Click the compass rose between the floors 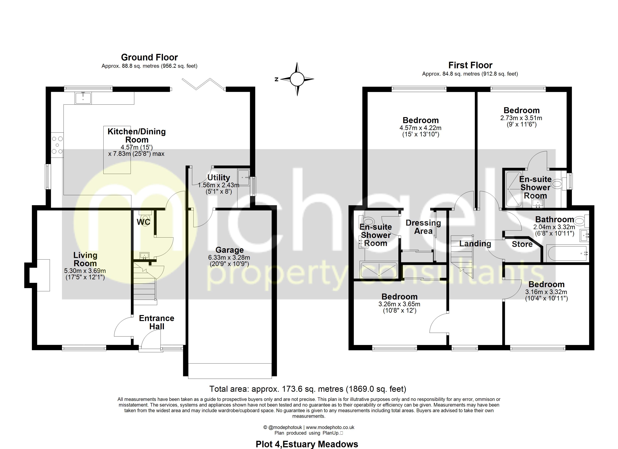click(x=297, y=79)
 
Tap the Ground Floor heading click(x=149, y=57)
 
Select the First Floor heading click(x=470, y=65)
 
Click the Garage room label click(x=229, y=250)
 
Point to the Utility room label click(x=219, y=178)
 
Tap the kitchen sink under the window click(x=83, y=98)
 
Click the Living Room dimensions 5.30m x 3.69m click(x=85, y=271)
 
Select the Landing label click(x=475, y=244)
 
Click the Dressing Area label click(x=423, y=227)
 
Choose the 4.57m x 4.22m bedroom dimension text click(x=420, y=128)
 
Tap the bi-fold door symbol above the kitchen click(x=204, y=84)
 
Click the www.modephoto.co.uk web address click(x=330, y=427)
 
